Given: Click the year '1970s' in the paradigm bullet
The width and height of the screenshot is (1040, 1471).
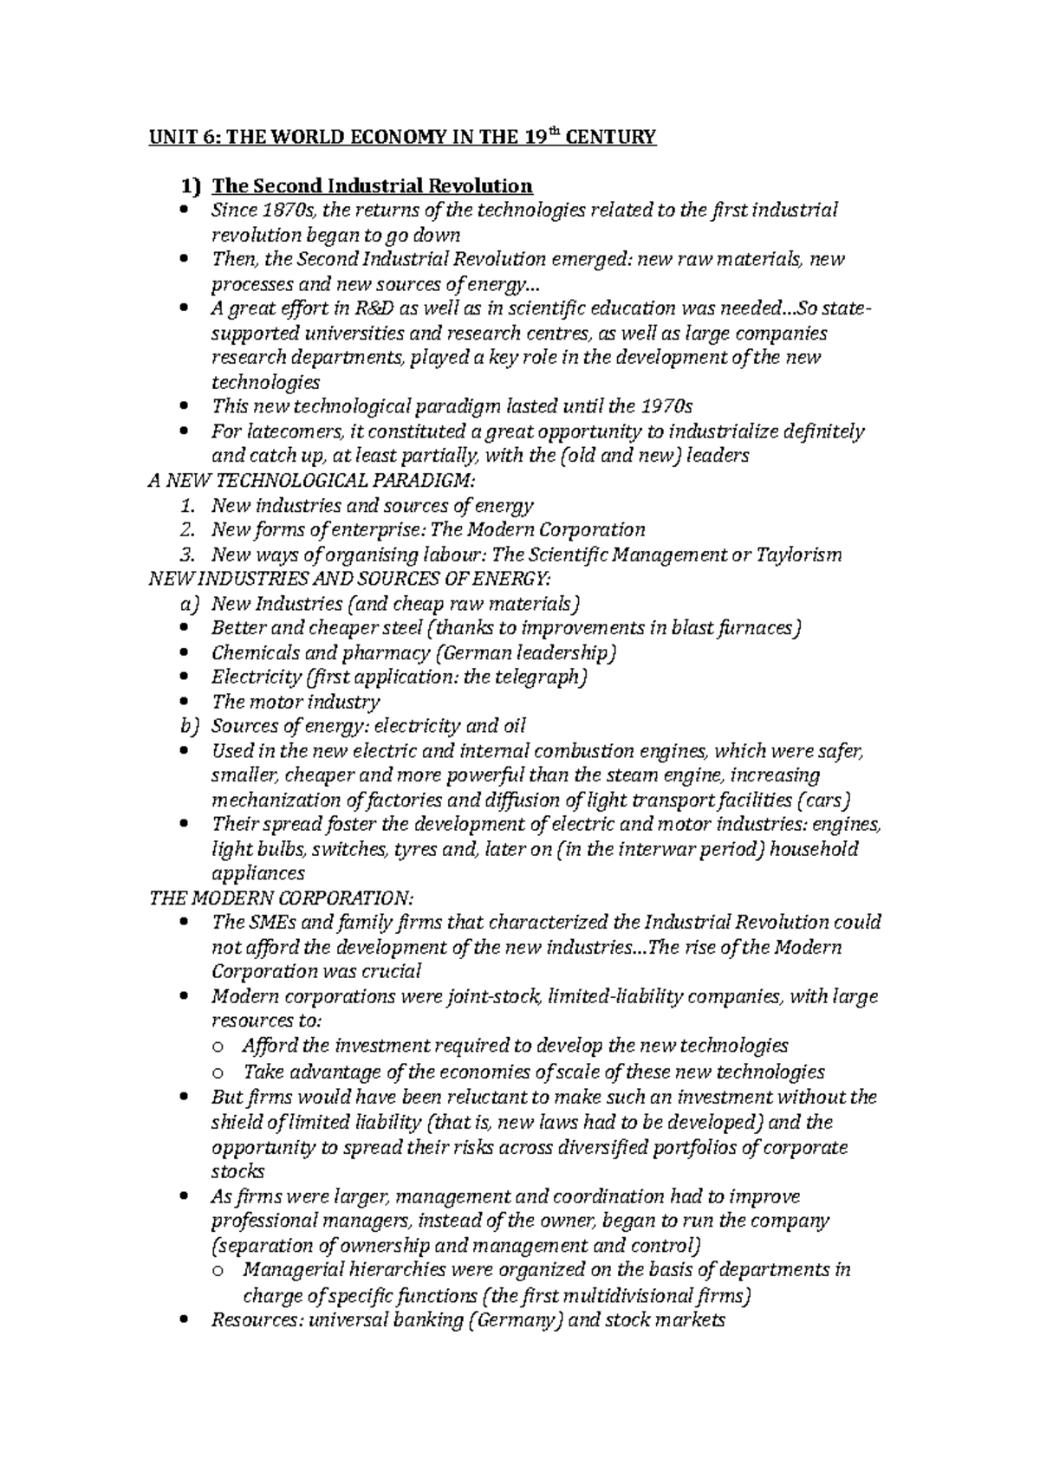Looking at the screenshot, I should click(667, 406).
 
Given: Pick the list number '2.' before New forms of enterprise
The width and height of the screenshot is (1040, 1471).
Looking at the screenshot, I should click(194, 530).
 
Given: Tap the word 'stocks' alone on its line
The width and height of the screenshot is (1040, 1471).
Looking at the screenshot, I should click(237, 1172).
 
